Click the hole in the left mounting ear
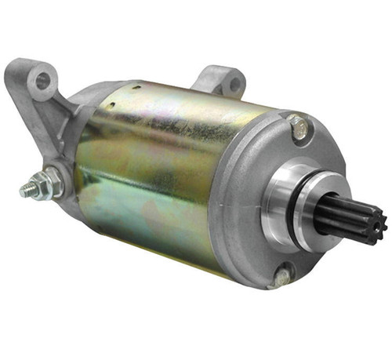coord(44,79)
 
